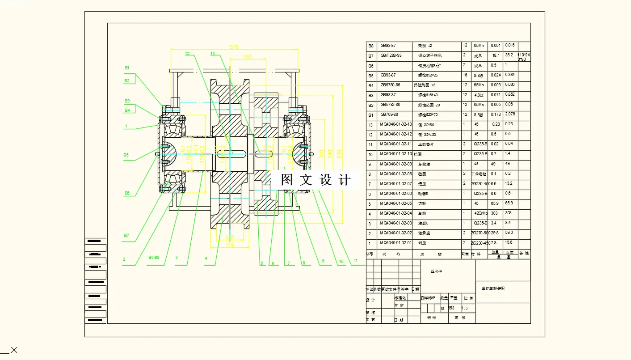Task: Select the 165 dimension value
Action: (x=248, y=57)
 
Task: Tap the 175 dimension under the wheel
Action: (x=230, y=245)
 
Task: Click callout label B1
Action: (x=127, y=68)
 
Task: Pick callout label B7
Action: (x=126, y=235)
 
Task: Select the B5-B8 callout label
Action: (x=154, y=258)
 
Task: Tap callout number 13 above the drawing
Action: (x=213, y=54)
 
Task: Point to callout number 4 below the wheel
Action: (x=206, y=258)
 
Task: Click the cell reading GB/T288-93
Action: (x=391, y=55)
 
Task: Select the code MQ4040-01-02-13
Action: (x=395, y=124)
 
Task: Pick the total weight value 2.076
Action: (x=509, y=114)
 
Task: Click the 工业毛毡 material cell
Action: (x=480, y=174)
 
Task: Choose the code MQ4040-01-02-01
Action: (x=395, y=243)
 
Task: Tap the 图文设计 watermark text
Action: (x=315, y=180)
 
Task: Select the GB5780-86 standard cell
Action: (x=390, y=85)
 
